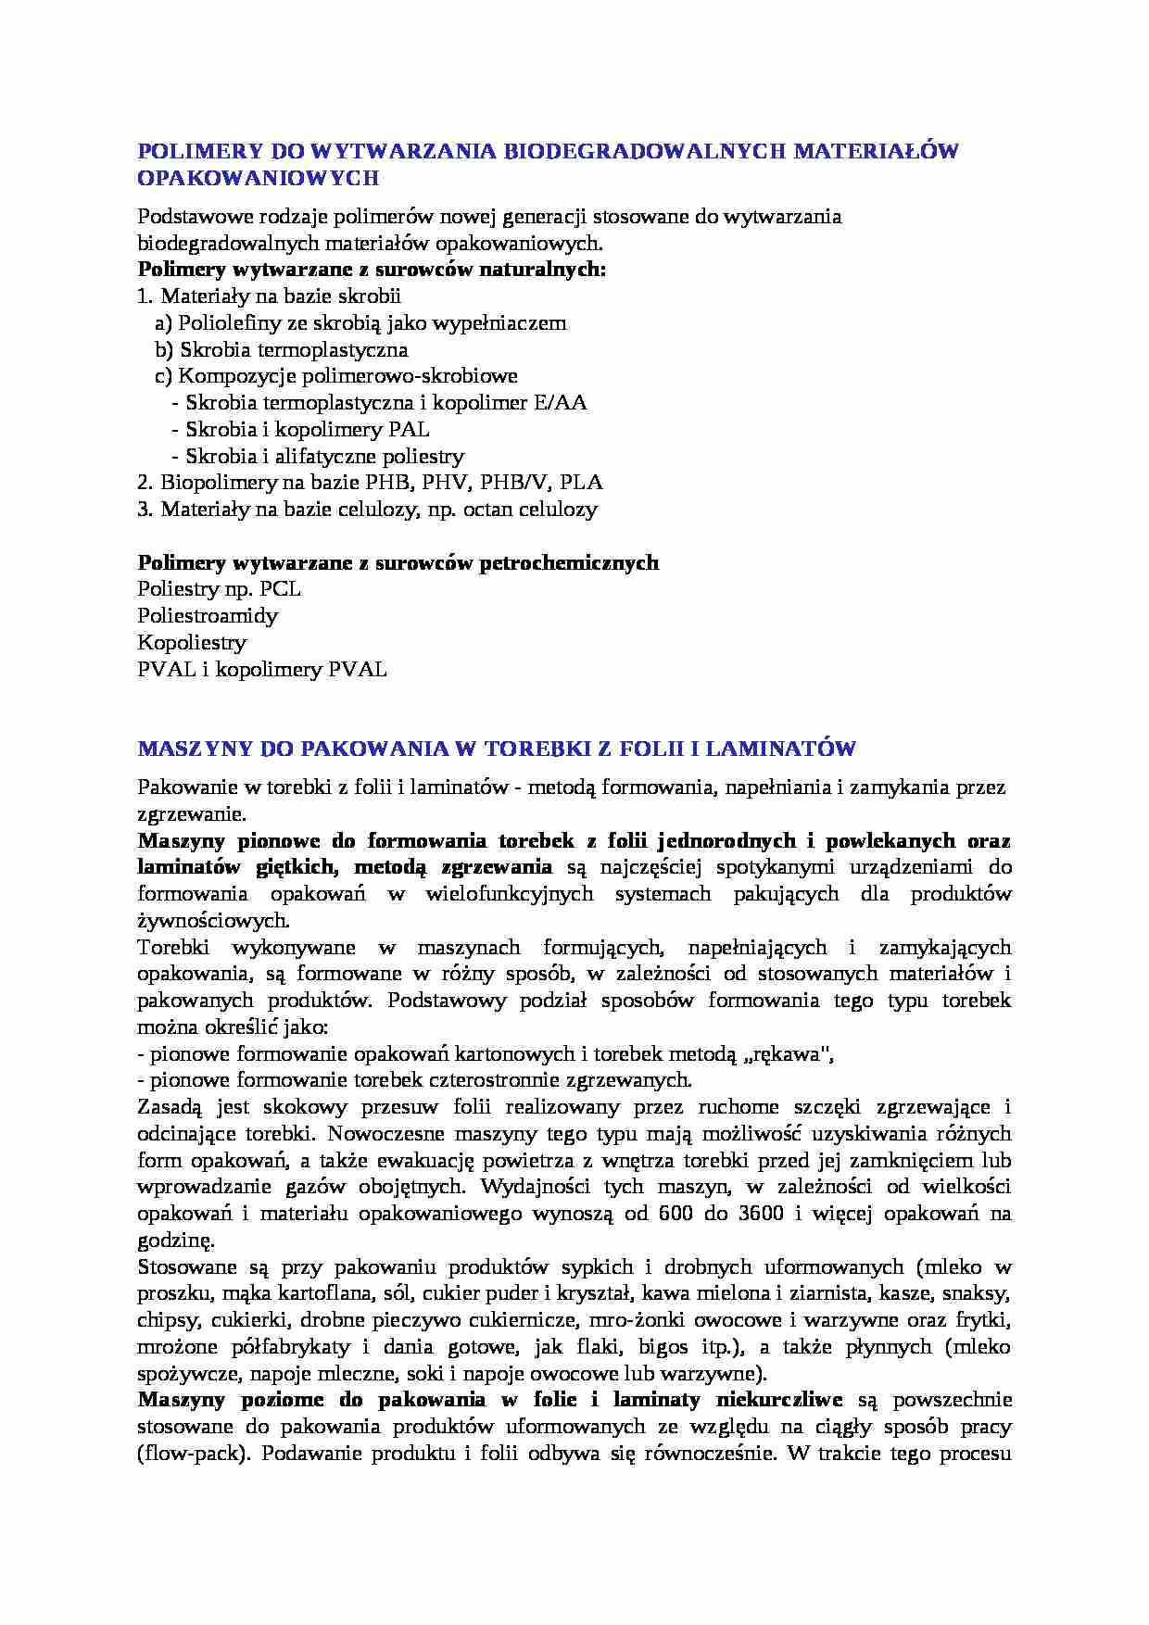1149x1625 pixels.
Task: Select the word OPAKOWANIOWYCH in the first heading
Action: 259,178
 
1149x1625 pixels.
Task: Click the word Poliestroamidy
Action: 208,616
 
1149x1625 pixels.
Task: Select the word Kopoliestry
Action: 192,642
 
